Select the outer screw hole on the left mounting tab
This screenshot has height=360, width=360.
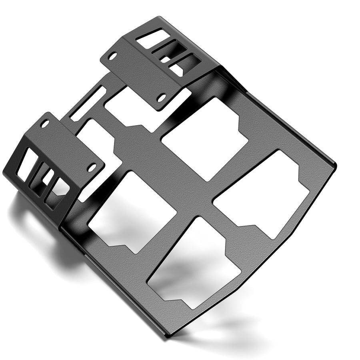[46, 124]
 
